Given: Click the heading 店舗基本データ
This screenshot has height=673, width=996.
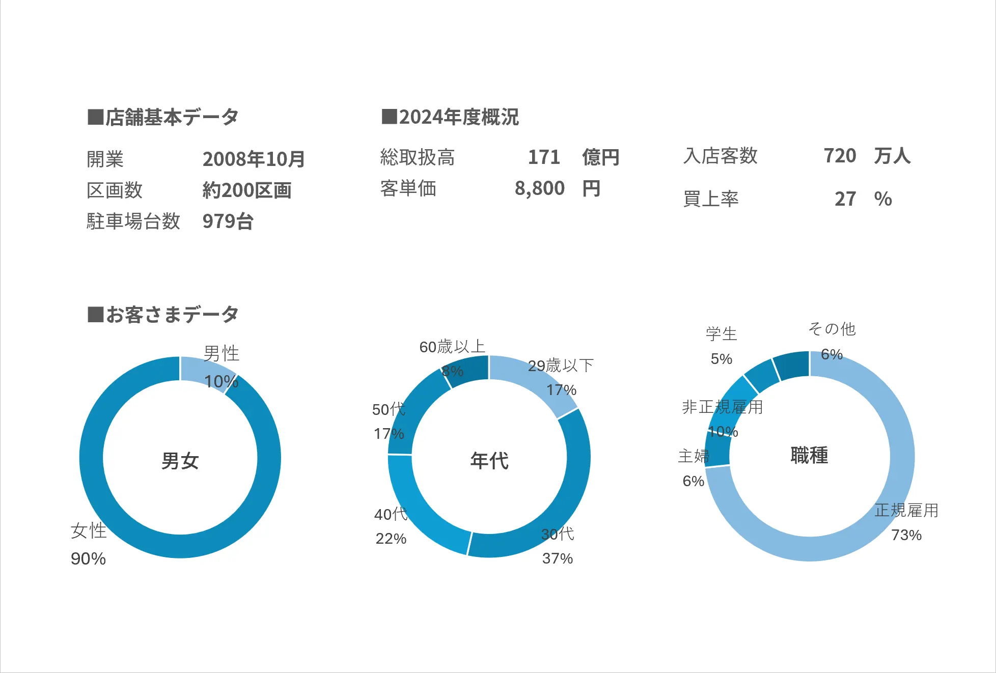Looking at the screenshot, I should pos(163,117).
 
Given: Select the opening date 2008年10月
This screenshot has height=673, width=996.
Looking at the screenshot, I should pos(254,159).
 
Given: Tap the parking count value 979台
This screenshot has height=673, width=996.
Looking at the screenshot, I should pos(228,221).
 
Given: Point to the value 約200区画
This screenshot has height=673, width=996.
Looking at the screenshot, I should pos(247,190).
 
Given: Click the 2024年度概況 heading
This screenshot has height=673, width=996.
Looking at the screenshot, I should pos(451,117).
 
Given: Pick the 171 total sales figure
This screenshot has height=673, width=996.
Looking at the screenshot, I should pos(544,157).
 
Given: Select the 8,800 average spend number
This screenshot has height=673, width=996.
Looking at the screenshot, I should pos(540,188).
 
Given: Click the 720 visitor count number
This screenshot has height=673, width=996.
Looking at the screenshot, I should pos(840,156).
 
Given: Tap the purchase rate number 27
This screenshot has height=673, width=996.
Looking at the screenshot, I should pos(845,199).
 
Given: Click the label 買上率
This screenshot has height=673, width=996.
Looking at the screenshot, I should pos(711,199).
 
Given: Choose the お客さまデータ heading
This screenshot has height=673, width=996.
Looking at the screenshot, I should pos(163,315).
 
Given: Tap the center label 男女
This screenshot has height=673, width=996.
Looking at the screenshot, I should pos(180,461).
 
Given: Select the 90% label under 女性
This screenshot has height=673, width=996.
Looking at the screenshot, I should pos(88,559).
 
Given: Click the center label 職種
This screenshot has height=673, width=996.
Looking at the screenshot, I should pos(809,455).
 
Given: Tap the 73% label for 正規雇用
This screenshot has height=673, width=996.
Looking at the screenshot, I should pos(906,535).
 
